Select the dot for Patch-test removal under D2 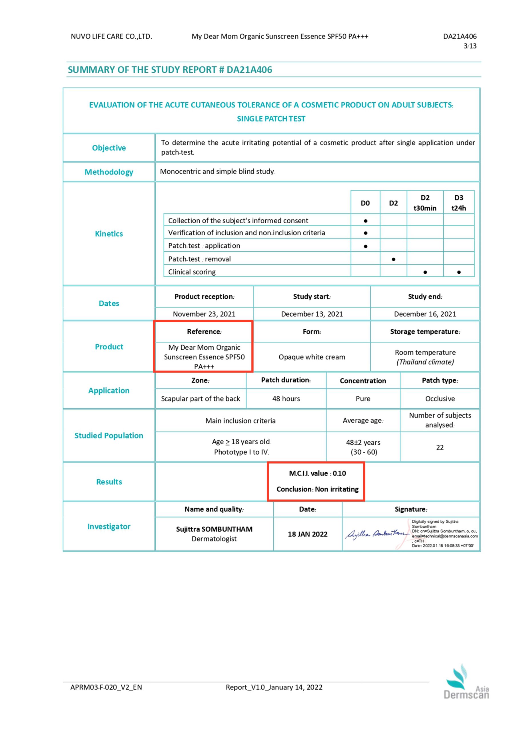pyautogui.click(x=393, y=259)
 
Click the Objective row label pyautogui.click(x=109, y=148)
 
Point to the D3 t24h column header pyautogui.click(x=458, y=203)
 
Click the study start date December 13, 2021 pyautogui.click(x=312, y=314)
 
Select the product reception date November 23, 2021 pyautogui.click(x=204, y=314)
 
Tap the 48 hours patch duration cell pyautogui.click(x=286, y=399)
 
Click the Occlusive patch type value pyautogui.click(x=440, y=399)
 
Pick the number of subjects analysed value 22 pyautogui.click(x=440, y=447)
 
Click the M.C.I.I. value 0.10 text pyautogui.click(x=317, y=474)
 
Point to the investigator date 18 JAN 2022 pyautogui.click(x=307, y=534)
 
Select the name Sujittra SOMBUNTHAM pyautogui.click(x=214, y=529)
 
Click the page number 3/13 pyautogui.click(x=470, y=46)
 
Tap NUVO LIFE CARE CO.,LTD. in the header pyautogui.click(x=111, y=36)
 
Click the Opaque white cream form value pyautogui.click(x=312, y=357)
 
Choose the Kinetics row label pyautogui.click(x=109, y=234)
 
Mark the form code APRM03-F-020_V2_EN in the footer pyautogui.click(x=106, y=687)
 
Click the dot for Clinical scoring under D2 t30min pyautogui.click(x=425, y=272)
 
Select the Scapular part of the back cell pyautogui.click(x=200, y=399)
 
